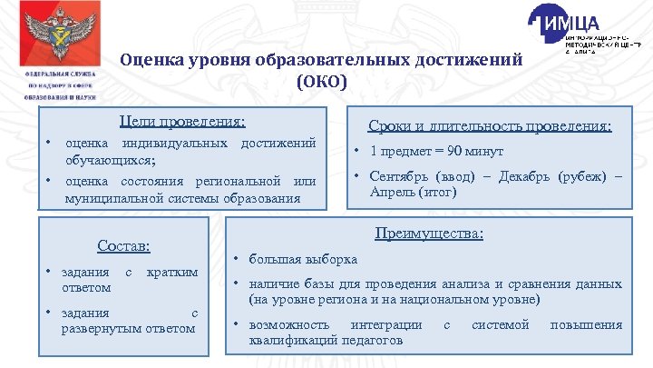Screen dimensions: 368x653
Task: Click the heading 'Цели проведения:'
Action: pyautogui.click(x=183, y=122)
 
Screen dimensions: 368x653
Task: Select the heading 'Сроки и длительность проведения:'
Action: pyautogui.click(x=489, y=126)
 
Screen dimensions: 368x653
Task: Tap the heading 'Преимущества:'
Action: pyautogui.click(x=429, y=234)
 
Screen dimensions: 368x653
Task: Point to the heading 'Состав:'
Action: pyautogui.click(x=123, y=245)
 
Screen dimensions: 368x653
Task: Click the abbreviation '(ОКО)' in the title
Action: pyautogui.click(x=321, y=82)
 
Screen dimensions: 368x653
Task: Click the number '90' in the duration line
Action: pyautogui.click(x=445, y=151)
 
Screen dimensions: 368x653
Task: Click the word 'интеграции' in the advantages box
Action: pyautogui.click(x=385, y=325)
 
